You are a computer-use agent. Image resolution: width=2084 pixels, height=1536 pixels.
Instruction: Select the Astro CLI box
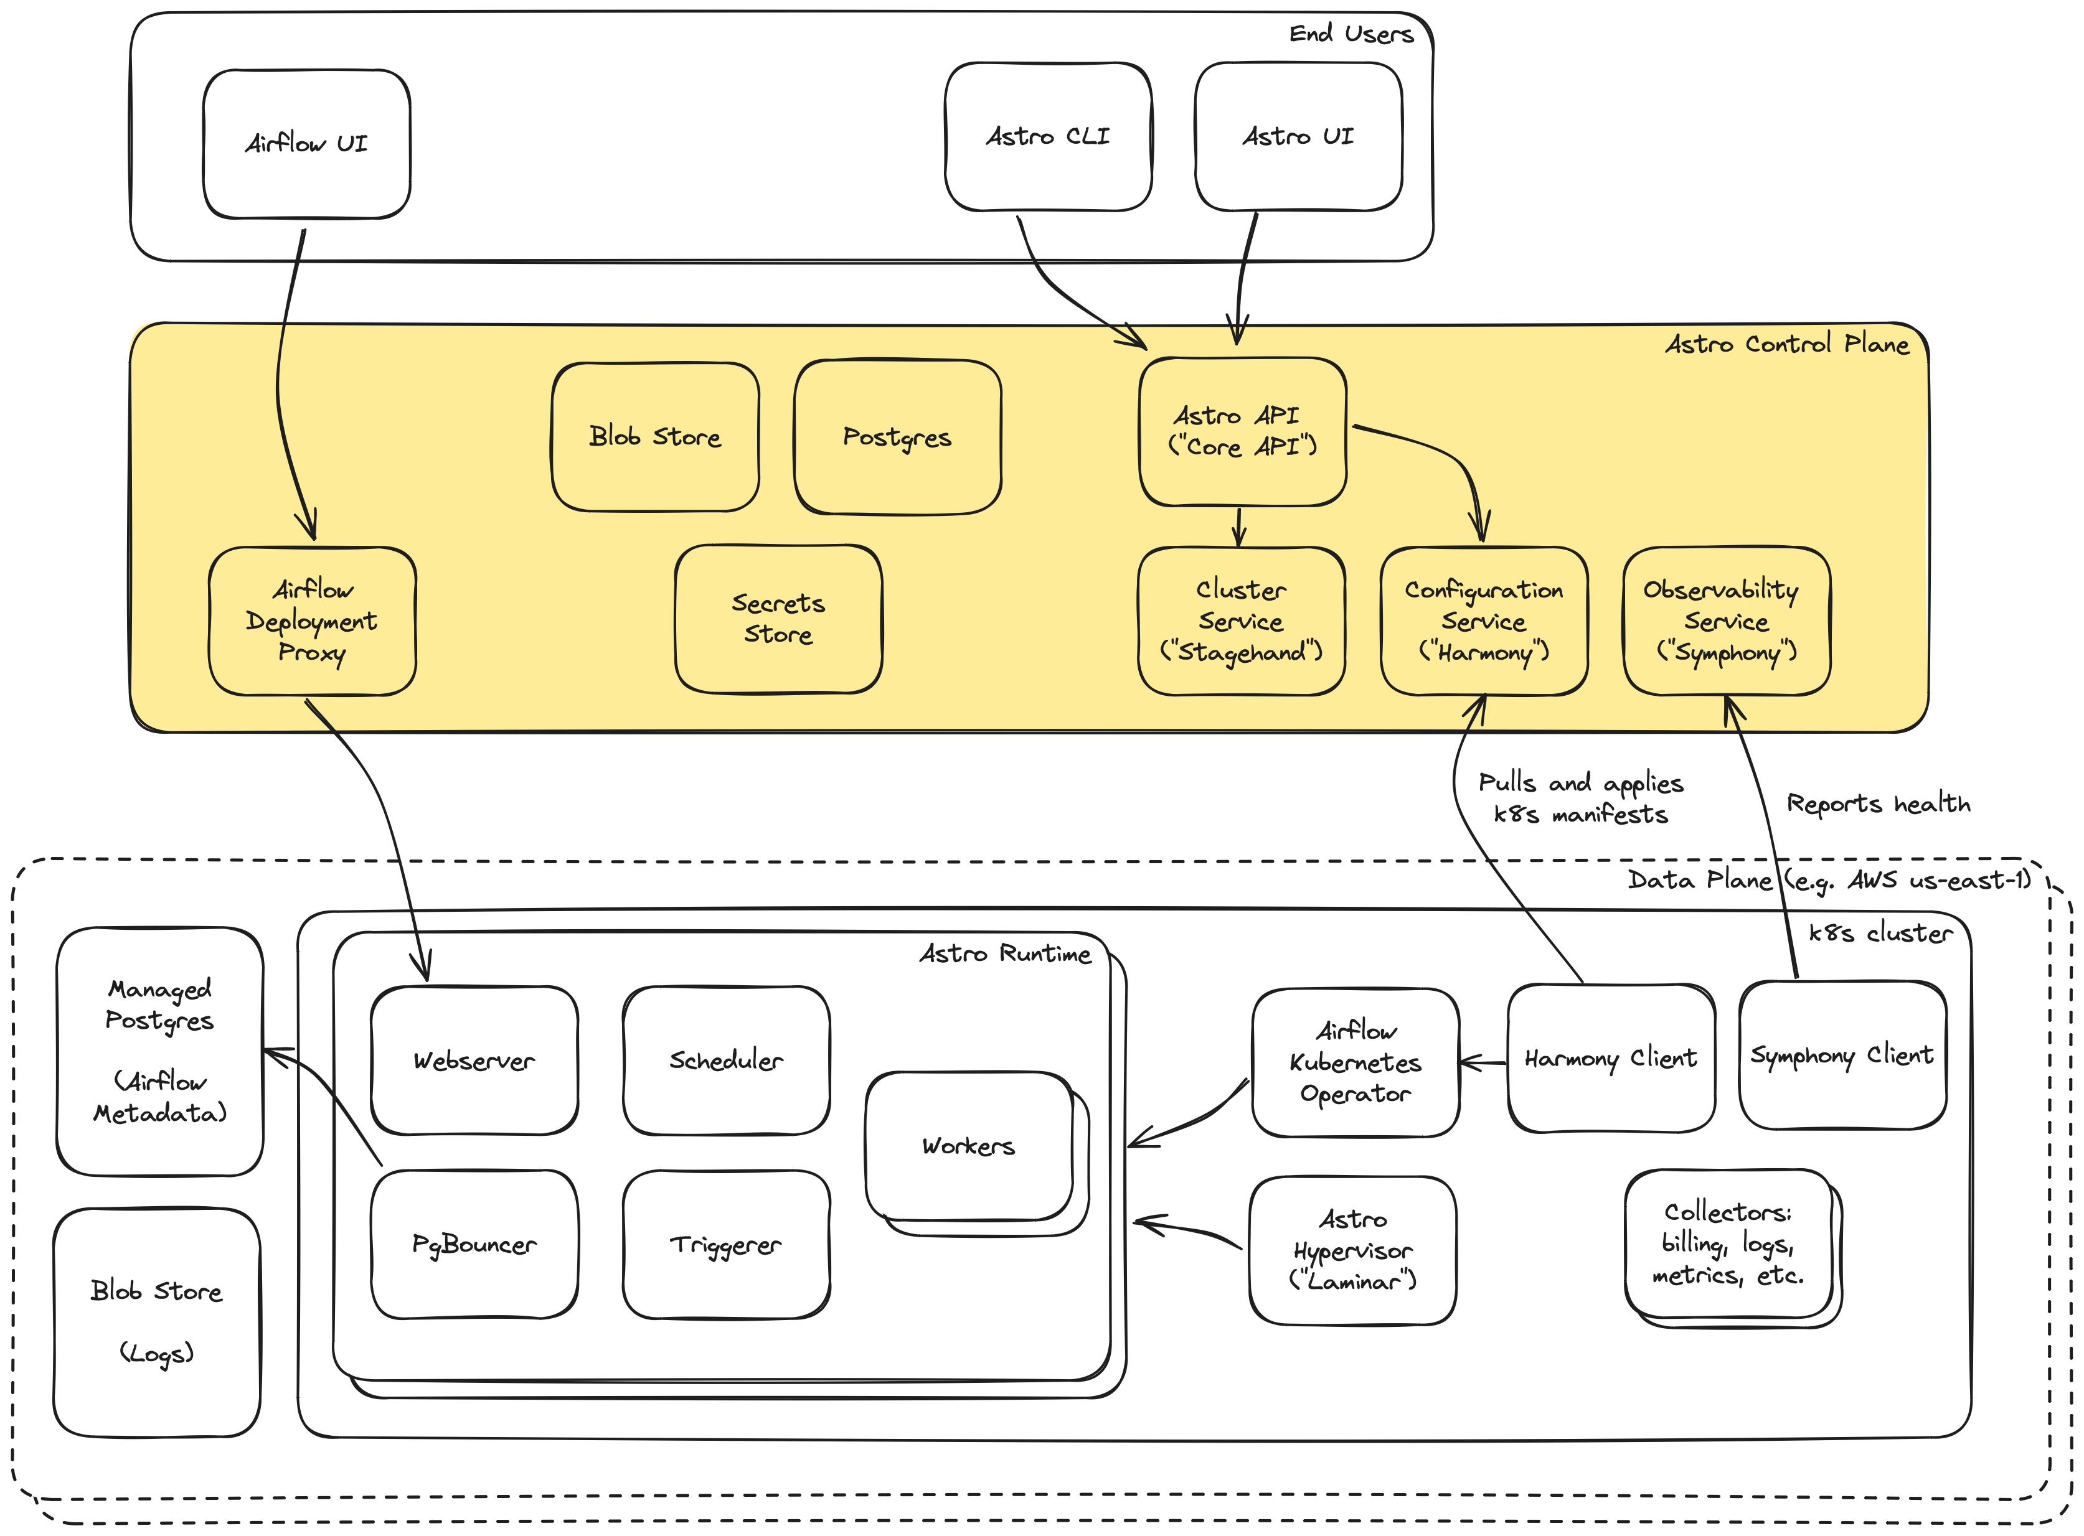pyautogui.click(x=1047, y=138)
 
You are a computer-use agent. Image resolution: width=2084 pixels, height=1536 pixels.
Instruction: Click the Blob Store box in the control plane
pyautogui.click(x=654, y=437)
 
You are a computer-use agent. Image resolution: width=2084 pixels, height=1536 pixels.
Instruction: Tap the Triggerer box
pyautogui.click(x=725, y=1244)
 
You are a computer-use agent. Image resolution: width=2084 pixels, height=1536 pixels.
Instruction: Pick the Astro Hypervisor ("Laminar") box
pyautogui.click(x=1352, y=1250)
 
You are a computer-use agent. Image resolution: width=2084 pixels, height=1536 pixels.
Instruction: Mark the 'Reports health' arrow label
pyautogui.click(x=1877, y=804)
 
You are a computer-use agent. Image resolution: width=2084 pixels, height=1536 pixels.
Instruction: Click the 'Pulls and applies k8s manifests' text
pyautogui.click(x=1581, y=798)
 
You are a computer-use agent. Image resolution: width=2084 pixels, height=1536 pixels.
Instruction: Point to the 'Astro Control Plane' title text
pyautogui.click(x=1786, y=344)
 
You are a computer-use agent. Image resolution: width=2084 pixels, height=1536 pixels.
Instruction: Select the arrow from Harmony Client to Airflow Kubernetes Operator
pyautogui.click(x=1483, y=1063)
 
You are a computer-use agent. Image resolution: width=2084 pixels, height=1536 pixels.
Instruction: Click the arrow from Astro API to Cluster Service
pyautogui.click(x=1238, y=527)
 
